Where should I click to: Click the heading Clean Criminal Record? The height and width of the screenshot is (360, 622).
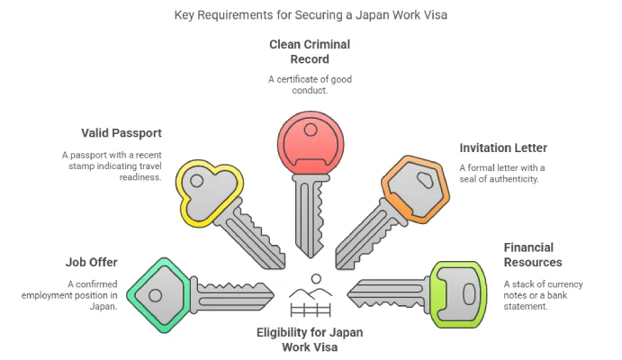311,51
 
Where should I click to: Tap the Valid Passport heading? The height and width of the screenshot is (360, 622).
121,133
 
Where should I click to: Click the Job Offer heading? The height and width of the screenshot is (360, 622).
91,263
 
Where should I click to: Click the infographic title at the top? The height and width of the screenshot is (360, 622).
311,15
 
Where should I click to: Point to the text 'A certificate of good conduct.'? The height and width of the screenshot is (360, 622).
311,85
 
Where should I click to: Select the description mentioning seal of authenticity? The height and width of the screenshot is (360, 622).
502,173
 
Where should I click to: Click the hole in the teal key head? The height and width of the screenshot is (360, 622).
155,294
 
